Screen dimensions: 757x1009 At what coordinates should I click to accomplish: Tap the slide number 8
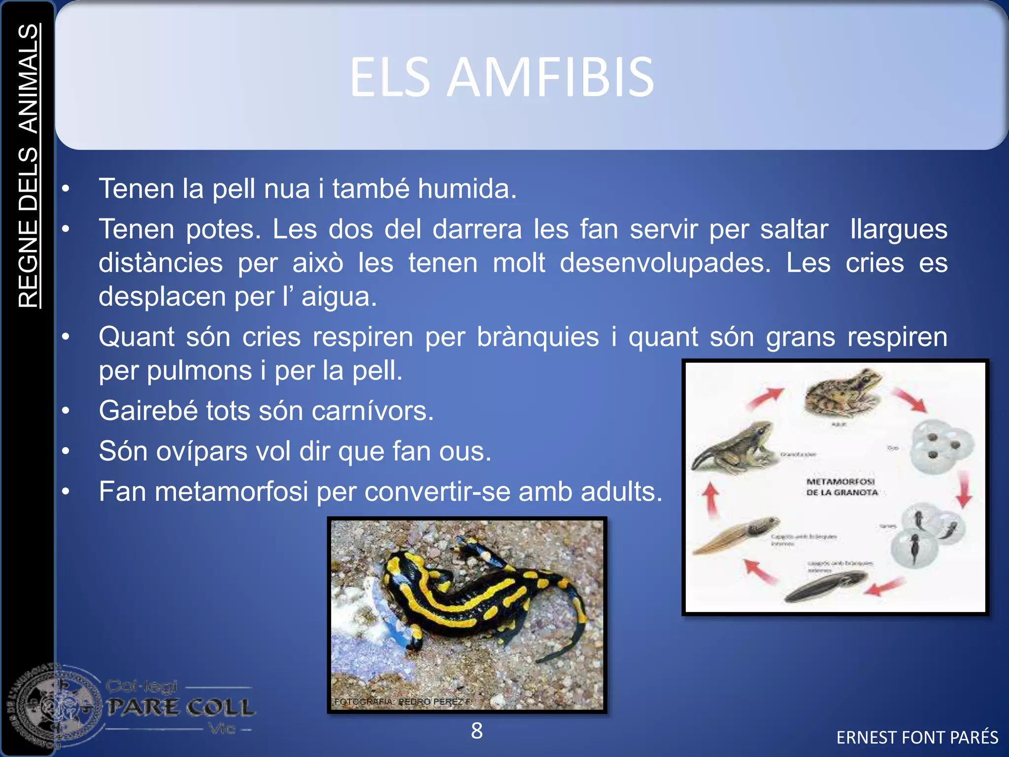click(476, 730)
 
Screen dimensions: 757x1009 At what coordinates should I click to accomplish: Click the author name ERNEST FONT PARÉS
click(917, 737)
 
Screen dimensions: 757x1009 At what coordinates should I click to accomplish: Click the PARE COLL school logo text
click(181, 707)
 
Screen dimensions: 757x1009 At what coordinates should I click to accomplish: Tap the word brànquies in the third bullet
click(538, 337)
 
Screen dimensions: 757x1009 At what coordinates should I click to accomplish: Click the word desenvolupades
click(665, 263)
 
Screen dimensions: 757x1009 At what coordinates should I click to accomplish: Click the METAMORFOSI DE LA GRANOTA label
click(841, 486)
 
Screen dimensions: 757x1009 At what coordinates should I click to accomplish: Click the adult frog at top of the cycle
click(843, 392)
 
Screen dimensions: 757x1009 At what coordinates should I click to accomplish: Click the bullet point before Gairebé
click(66, 411)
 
